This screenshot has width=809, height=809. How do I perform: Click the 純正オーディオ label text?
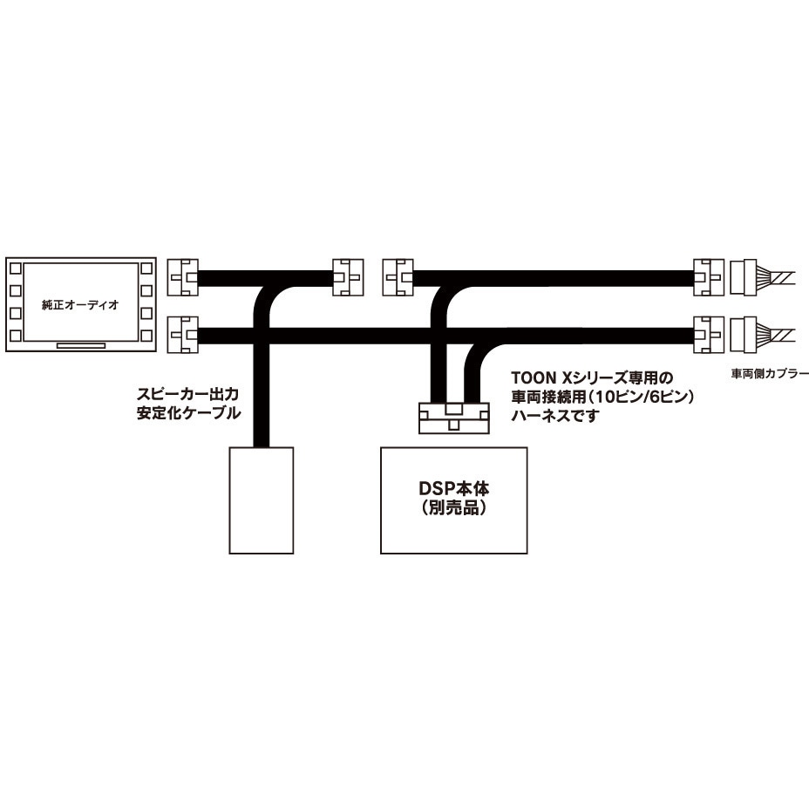point(80,304)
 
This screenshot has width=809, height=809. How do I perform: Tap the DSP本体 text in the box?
point(453,488)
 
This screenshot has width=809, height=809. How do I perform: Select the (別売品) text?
point(453,509)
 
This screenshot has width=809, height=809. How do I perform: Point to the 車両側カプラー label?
point(770,373)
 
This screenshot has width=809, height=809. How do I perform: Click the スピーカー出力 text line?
point(187,395)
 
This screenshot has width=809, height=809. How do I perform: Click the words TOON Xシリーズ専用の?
point(592,378)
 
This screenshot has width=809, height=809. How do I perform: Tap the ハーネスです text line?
point(555,415)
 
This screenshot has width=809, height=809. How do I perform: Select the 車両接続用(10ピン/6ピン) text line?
point(602,397)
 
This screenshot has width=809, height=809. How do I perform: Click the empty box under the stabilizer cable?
point(261,500)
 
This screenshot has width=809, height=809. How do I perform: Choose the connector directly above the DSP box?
point(453,418)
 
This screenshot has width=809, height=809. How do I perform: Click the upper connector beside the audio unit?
point(183,277)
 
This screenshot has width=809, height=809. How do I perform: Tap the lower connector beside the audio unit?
point(183,335)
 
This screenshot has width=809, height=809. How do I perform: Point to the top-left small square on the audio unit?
point(16,269)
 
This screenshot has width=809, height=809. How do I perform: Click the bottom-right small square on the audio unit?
point(146,336)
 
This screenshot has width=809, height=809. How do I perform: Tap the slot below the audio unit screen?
point(81,346)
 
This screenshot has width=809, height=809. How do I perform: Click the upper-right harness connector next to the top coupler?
point(710,277)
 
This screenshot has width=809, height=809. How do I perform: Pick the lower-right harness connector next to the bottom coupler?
point(710,335)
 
